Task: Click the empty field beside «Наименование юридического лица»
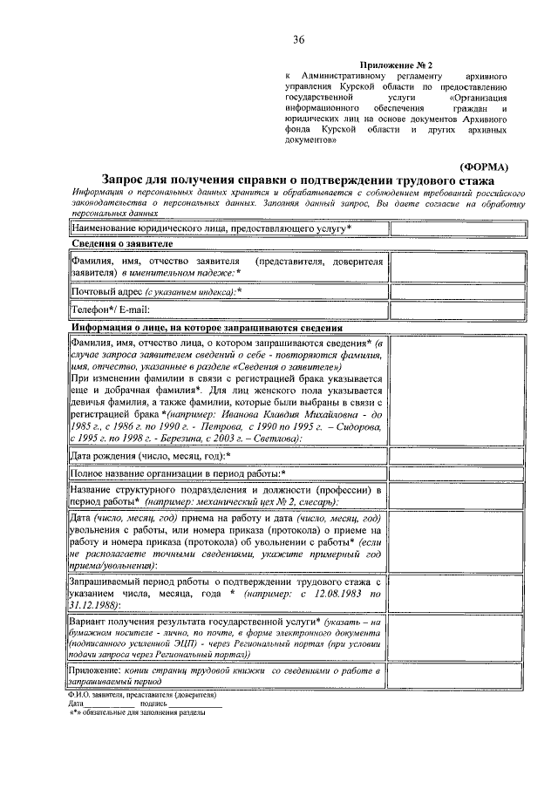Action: (x=457, y=228)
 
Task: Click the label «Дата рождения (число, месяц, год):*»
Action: (x=150, y=455)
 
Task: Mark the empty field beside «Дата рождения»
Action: (x=457, y=455)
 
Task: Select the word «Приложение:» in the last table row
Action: (x=99, y=669)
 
